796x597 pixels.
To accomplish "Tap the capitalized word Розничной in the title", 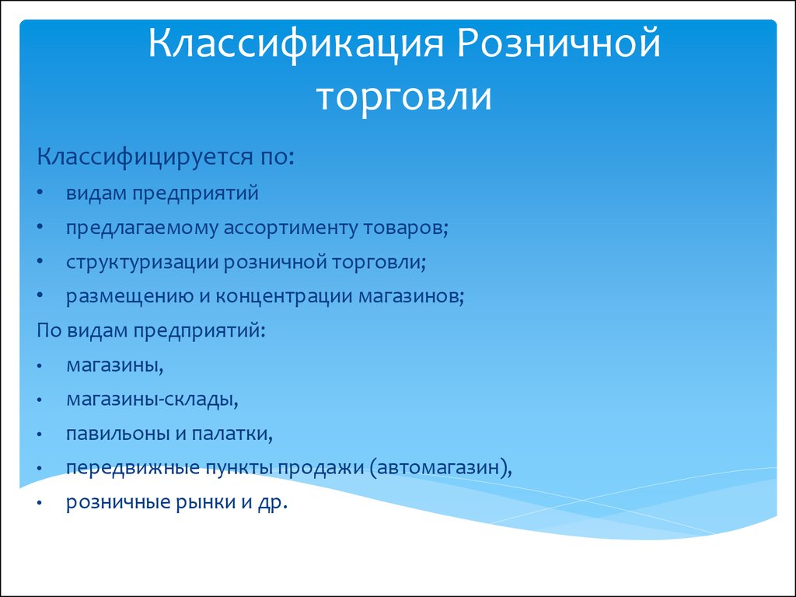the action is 559,44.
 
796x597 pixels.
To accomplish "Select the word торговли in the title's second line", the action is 404,96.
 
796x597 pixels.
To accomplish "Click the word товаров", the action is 406,228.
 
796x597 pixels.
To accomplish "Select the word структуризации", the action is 142,263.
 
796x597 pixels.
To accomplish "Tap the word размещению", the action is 130,296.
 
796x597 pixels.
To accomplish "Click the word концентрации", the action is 285,296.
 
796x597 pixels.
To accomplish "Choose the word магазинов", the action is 411,296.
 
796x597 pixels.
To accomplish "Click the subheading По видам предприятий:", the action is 152,331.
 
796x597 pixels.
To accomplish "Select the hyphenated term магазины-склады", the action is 152,400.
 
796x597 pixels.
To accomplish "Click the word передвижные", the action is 133,468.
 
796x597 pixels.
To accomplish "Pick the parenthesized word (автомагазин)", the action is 441,468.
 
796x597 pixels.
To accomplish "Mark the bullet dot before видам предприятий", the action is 40,194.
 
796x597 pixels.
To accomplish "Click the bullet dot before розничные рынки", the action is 40,503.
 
